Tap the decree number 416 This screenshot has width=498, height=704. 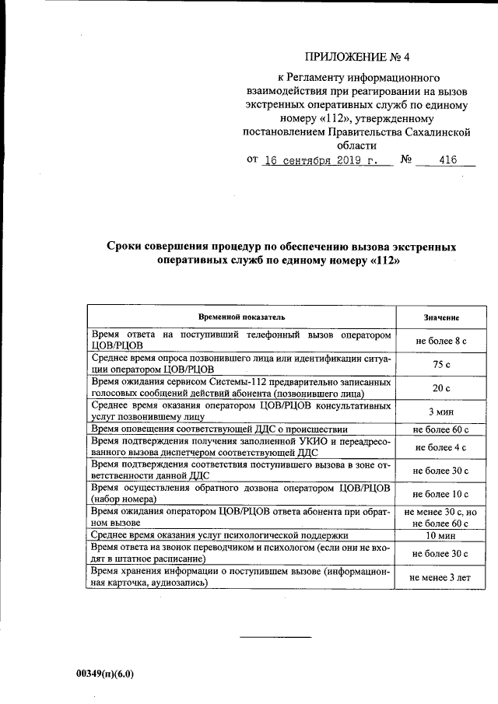(x=447, y=161)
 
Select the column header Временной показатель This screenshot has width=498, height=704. (x=242, y=317)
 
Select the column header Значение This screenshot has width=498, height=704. (x=441, y=318)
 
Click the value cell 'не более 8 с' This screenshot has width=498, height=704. (x=441, y=340)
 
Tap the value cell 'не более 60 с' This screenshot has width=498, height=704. (x=441, y=429)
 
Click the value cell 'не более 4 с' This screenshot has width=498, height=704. (x=441, y=447)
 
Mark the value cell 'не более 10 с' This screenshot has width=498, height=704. (x=441, y=494)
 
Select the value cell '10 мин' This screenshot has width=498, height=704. (x=441, y=536)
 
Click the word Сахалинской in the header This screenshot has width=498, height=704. (x=437, y=132)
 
